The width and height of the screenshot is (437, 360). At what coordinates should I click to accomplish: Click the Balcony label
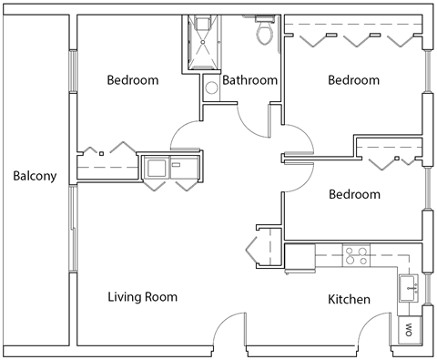click(35, 176)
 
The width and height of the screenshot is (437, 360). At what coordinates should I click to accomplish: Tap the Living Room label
click(142, 296)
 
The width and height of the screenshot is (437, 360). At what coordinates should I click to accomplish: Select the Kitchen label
click(349, 299)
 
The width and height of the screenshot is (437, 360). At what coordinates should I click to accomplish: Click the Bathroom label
click(249, 80)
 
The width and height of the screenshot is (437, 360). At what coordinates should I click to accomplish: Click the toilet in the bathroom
click(265, 33)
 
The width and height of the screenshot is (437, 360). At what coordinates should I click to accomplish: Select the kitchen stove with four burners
click(355, 255)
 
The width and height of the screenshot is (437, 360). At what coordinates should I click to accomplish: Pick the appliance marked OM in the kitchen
click(408, 329)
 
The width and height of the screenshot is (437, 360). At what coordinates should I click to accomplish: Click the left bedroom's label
click(133, 80)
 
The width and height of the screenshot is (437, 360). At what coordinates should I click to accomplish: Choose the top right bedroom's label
click(353, 80)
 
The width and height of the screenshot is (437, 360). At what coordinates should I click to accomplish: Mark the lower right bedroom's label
click(354, 194)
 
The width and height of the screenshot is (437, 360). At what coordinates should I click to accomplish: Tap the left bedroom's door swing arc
click(188, 137)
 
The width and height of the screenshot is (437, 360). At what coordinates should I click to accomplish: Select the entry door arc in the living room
click(233, 328)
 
